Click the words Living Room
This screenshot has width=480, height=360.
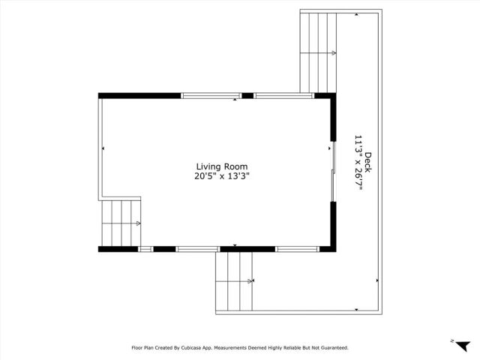pyautogui.click(x=221, y=167)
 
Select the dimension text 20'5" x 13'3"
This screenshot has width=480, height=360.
pyautogui.click(x=221, y=177)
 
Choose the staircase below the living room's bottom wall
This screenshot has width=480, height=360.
pyautogui.click(x=234, y=280)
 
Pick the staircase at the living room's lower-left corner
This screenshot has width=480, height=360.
pyautogui.click(x=121, y=223)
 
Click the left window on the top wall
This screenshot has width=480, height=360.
pyautogui.click(x=211, y=95)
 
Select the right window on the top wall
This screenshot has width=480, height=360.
pyautogui.click(x=283, y=95)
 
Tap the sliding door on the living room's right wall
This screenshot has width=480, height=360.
pyautogui.click(x=331, y=171)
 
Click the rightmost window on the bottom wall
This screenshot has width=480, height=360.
pyautogui.click(x=298, y=248)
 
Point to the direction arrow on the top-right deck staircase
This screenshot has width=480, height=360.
pyautogui.click(x=333, y=52)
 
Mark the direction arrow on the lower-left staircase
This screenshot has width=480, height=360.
pyautogui.click(x=139, y=223)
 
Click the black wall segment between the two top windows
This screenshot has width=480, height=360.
pyautogui.click(x=247, y=95)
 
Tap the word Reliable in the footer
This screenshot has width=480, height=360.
pyautogui.click(x=287, y=348)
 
